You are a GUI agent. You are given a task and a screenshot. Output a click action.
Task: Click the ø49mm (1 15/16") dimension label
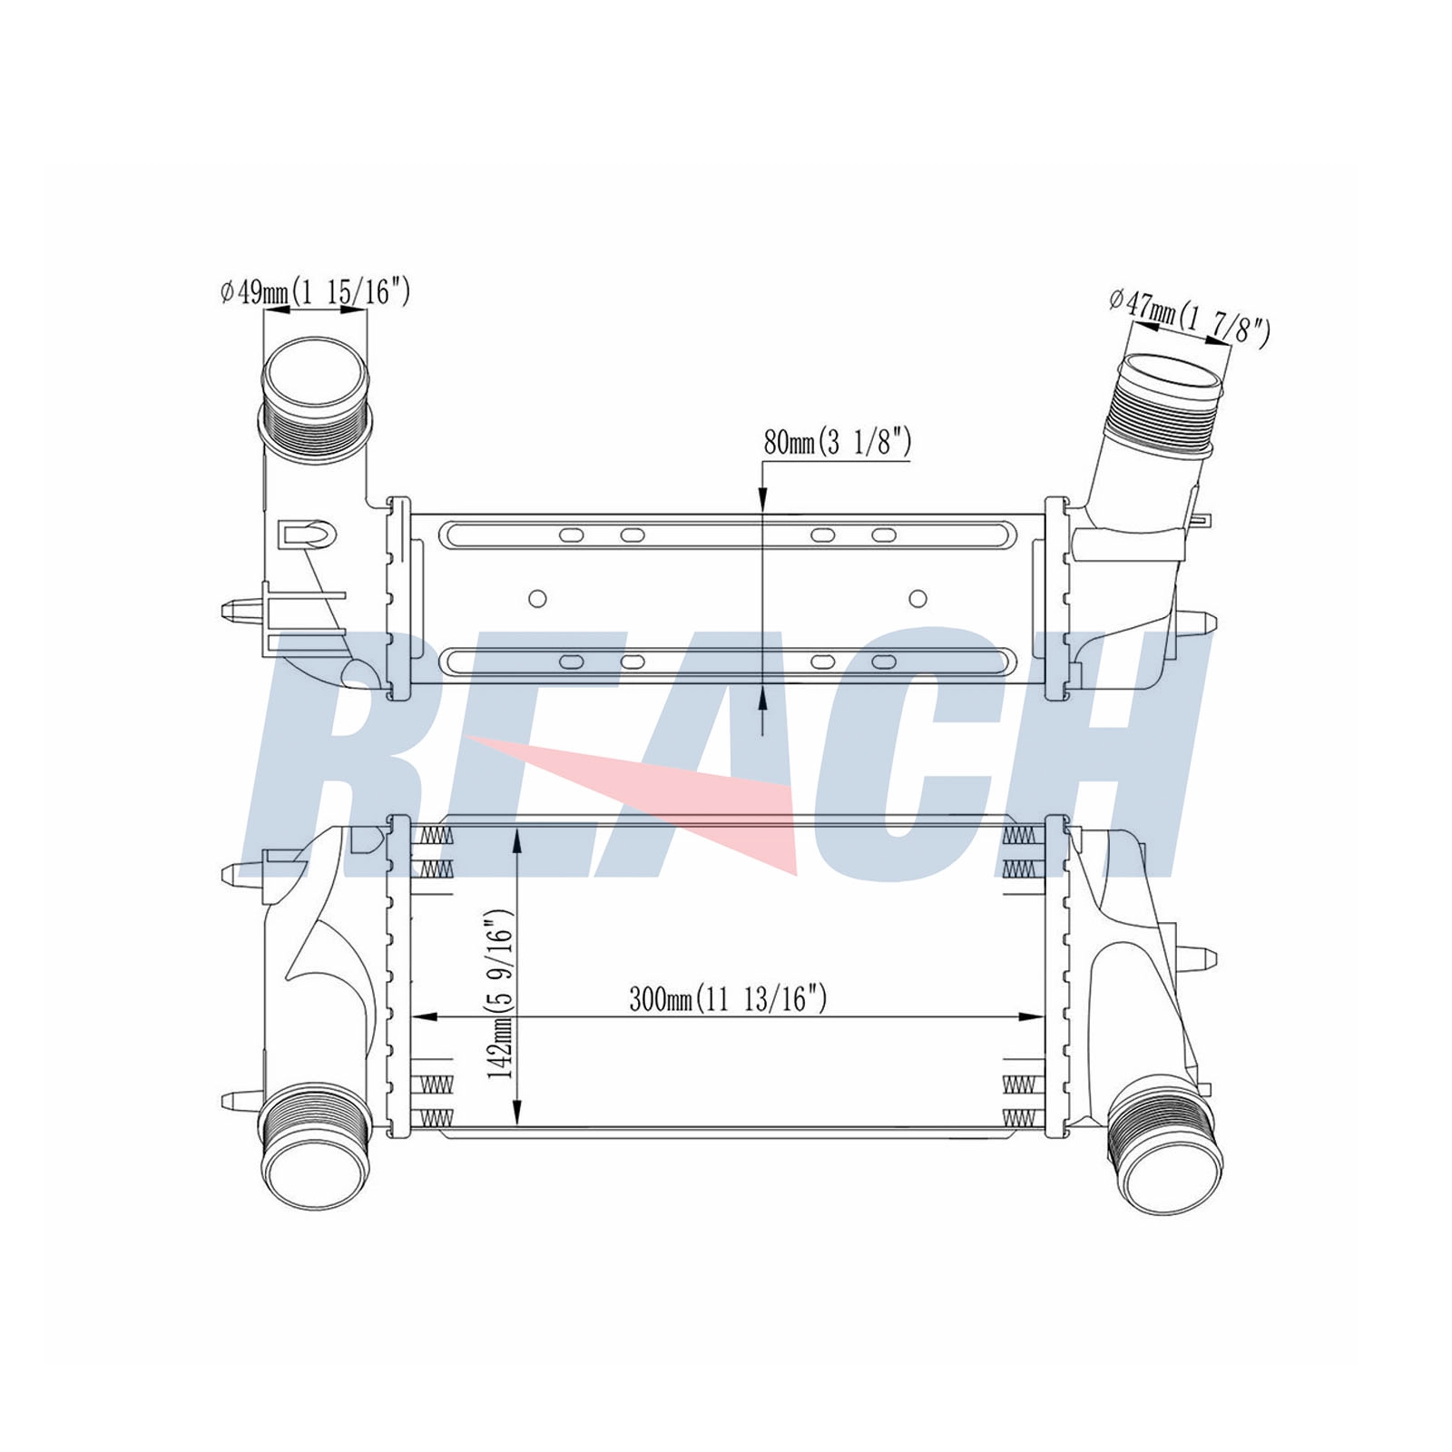point(315,291)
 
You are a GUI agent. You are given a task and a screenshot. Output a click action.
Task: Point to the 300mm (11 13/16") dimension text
point(728,999)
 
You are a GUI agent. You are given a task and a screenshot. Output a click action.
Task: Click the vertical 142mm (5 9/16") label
point(500,995)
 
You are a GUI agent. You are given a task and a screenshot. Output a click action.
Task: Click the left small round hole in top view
point(537,598)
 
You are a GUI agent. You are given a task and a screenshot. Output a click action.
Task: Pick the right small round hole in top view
point(917,598)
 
